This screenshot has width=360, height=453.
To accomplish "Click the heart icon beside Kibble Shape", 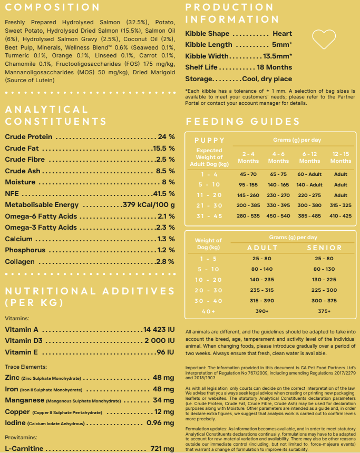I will [x=324, y=38].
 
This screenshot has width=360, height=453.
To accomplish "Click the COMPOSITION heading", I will [x=52, y=7].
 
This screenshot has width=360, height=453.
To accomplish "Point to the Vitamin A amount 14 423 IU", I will [x=159, y=330].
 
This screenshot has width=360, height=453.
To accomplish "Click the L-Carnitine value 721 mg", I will [x=162, y=448].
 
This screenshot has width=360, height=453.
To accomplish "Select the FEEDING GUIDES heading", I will [x=242, y=122].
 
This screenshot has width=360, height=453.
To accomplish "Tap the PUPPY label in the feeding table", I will [x=209, y=141].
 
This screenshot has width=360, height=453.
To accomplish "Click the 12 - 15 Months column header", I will [x=340, y=157].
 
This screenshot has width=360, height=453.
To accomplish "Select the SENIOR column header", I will [x=324, y=248].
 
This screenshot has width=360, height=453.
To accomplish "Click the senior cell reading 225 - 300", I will [x=324, y=290].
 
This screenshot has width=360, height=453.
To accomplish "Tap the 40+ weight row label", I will [x=208, y=311].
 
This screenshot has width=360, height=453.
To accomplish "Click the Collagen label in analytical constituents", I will [x=20, y=262].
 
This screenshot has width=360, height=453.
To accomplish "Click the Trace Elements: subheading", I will [x=26, y=367].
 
